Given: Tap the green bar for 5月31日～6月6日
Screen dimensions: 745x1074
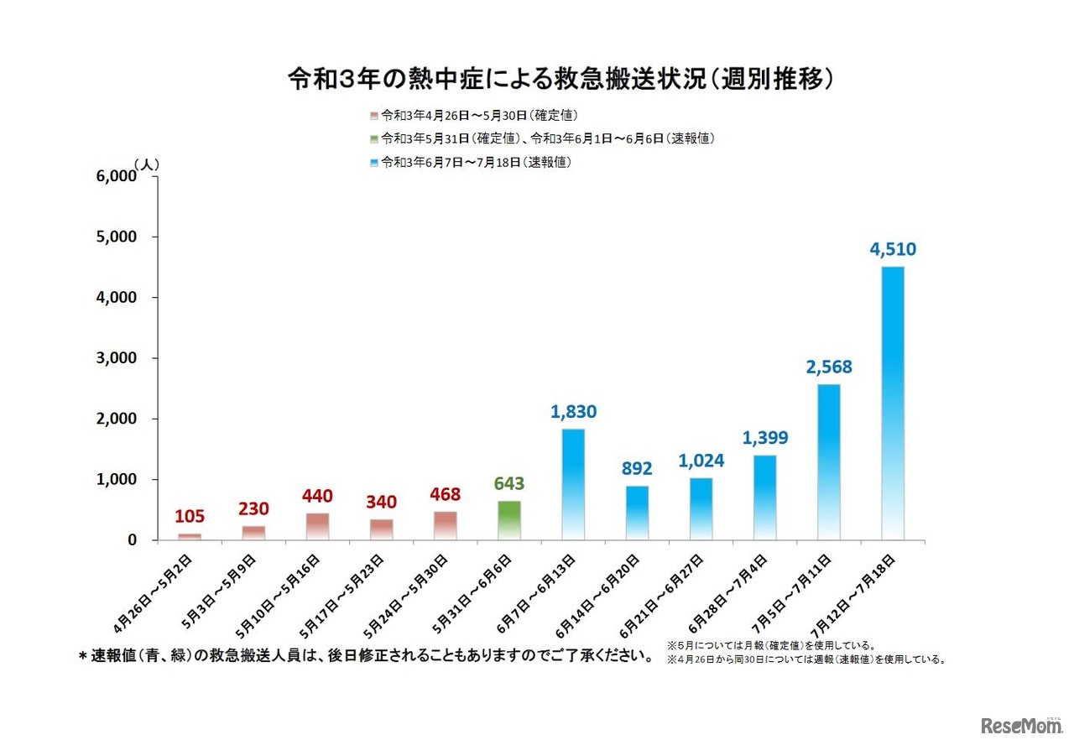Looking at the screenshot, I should (509, 520).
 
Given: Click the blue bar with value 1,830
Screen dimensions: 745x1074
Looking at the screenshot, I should (573, 484).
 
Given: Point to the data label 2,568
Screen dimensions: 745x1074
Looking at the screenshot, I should (828, 367).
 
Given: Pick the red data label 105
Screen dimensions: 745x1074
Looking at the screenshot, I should (190, 516).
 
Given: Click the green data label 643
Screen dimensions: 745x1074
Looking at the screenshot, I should (508, 484).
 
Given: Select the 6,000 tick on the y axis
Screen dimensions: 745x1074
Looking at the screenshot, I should (117, 176).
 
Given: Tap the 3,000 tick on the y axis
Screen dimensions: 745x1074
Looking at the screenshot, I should (117, 358).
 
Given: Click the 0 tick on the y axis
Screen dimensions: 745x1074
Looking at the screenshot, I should (132, 540).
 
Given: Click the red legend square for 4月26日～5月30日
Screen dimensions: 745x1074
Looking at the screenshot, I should (373, 115).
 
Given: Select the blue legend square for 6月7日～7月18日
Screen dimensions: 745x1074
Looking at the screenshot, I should (373, 163).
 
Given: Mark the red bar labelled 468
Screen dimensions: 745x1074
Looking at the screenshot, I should (446, 525).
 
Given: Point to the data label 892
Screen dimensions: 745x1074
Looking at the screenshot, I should (637, 468).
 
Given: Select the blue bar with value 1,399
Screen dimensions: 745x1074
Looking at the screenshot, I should (764, 497).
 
